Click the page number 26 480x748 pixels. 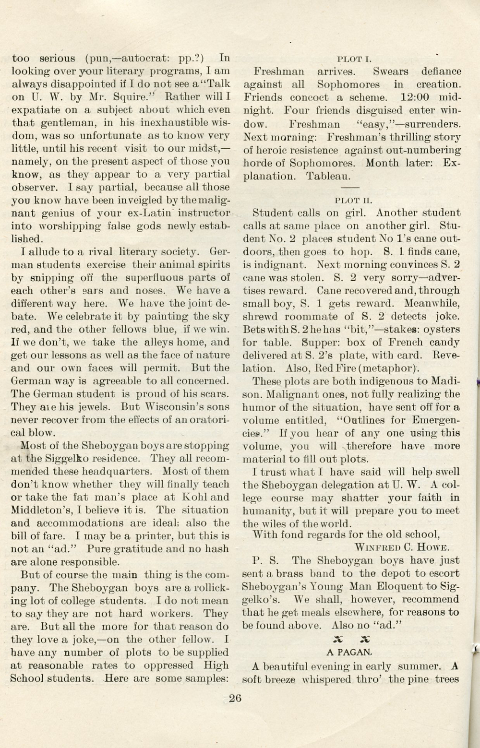tap(235, 698)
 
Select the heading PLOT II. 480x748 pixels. tap(354, 200)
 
